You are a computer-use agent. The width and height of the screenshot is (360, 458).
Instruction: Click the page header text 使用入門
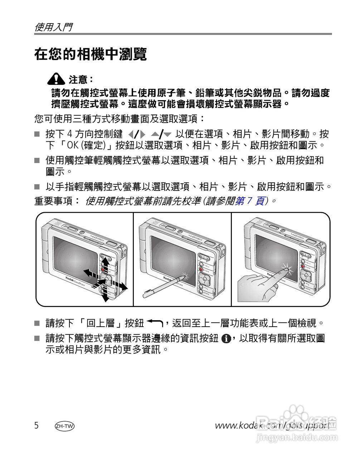53,27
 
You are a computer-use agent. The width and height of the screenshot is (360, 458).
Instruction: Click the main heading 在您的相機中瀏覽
91,55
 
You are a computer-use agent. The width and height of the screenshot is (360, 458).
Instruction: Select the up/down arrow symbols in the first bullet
161,135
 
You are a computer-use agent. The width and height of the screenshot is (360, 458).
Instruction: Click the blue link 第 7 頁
250,201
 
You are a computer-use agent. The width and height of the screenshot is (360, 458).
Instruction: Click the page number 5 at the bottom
37,425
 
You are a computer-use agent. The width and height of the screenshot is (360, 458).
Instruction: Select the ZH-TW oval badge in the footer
65,426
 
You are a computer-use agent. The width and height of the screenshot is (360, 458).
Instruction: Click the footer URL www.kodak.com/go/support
272,425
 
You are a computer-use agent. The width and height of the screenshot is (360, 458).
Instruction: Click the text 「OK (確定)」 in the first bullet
84,146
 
